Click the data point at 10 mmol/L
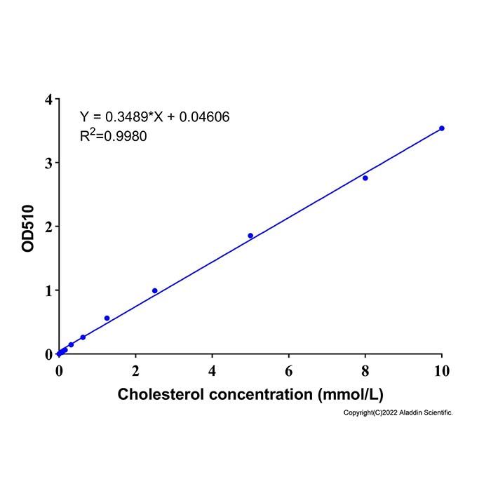pyautogui.click(x=441, y=128)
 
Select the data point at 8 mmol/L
pyautogui.click(x=365, y=178)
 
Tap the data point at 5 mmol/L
pyautogui.click(x=250, y=236)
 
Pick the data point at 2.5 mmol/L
pyautogui.click(x=155, y=290)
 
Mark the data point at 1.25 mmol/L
pyautogui.click(x=107, y=318)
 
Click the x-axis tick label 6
pyautogui.click(x=289, y=371)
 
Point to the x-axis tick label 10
pyautogui.click(x=442, y=371)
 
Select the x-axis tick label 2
pyautogui.click(x=135, y=371)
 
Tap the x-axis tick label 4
pyautogui.click(x=212, y=371)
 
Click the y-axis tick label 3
pyautogui.click(x=48, y=163)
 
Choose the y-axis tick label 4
pyautogui.click(x=48, y=100)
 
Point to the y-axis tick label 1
pyautogui.click(x=48, y=290)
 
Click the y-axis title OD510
pyautogui.click(x=28, y=228)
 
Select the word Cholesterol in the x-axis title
pyautogui.click(x=161, y=394)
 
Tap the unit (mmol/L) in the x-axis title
pyautogui.click(x=351, y=394)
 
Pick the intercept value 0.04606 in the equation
pyautogui.click(x=204, y=117)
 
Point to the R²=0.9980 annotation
pyautogui.click(x=114, y=135)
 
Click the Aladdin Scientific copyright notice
pyautogui.click(x=398, y=412)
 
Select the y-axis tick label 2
pyautogui.click(x=48, y=227)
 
